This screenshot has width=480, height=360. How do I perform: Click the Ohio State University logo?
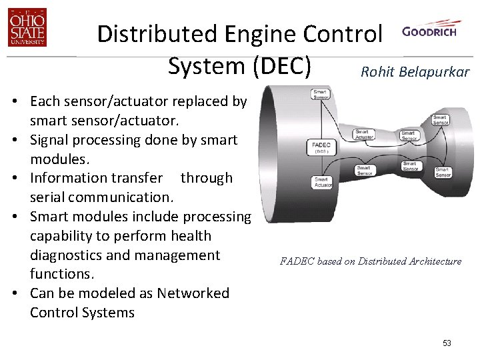click(x=27, y=29)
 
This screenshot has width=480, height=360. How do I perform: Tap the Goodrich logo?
click(x=429, y=32)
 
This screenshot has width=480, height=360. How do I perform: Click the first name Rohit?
click(x=375, y=72)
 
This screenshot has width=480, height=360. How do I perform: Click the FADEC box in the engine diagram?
click(x=321, y=147)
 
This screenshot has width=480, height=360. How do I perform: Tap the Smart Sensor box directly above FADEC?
click(x=321, y=95)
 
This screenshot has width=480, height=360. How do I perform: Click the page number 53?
click(x=447, y=343)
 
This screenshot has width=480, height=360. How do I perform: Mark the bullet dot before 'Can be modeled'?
click(x=14, y=294)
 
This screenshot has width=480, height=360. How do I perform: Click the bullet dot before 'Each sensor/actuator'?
click(x=14, y=102)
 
